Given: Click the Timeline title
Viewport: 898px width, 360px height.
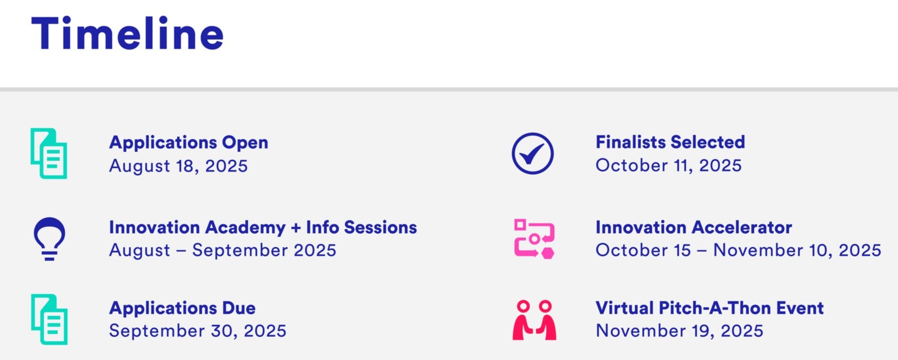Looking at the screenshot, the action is (x=127, y=33).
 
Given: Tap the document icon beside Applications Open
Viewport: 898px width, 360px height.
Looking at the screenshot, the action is (x=49, y=153).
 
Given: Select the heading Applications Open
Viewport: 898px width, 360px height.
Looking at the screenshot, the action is (x=188, y=143).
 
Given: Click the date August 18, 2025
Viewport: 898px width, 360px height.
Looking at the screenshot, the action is (x=178, y=166).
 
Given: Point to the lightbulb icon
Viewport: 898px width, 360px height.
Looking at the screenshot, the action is (x=49, y=239).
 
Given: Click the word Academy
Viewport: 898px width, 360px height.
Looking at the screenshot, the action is (x=245, y=228).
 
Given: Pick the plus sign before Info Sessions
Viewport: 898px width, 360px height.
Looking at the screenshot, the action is (x=296, y=228).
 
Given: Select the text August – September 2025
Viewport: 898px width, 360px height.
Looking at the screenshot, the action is (x=222, y=251).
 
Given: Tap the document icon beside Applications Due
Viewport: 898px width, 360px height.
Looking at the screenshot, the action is (x=49, y=320).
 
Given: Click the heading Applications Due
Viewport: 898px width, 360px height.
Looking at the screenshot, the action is (x=183, y=308).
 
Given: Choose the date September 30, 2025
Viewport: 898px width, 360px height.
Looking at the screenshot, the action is (x=197, y=331).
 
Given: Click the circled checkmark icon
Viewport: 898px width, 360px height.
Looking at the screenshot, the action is (x=533, y=153).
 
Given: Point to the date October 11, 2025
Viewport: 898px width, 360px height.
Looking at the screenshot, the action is (x=669, y=165).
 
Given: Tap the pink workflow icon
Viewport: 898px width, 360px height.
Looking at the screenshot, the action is (x=534, y=239).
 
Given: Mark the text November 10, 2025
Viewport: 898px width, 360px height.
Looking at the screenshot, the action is (x=797, y=250).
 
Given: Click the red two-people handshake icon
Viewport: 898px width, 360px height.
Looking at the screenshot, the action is (x=534, y=320).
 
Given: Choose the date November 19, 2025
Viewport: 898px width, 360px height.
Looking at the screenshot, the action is (x=679, y=331).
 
